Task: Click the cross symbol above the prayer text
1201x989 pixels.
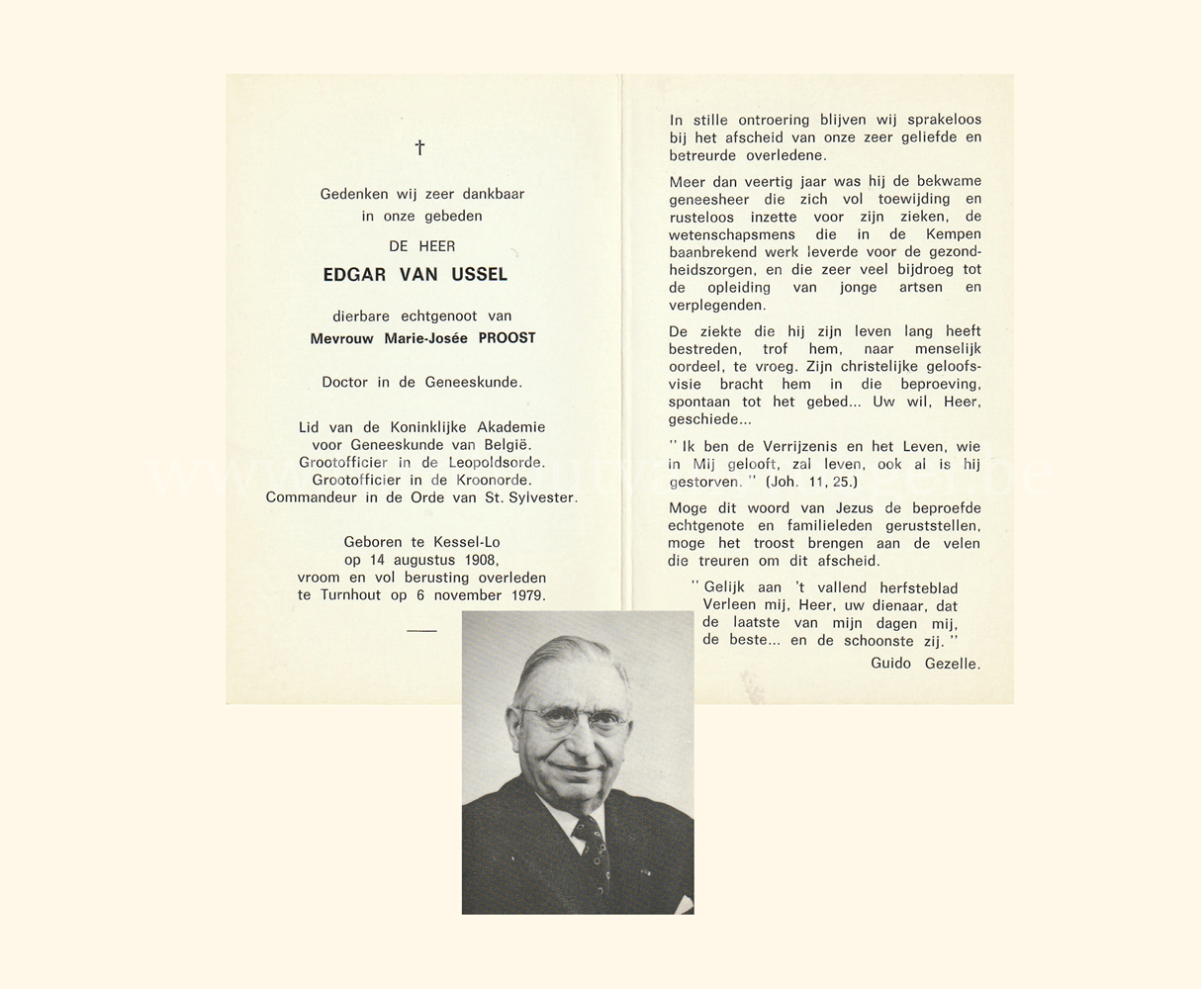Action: click(x=419, y=147)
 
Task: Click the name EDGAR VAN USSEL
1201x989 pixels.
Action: click(x=415, y=275)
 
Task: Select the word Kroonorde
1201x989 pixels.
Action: click(x=490, y=480)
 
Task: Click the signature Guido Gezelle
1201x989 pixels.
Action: click(x=925, y=664)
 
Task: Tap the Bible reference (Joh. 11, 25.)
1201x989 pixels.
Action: click(x=811, y=482)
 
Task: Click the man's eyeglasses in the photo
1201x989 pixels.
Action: click(x=573, y=717)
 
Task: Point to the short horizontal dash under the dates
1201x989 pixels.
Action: click(x=421, y=630)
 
